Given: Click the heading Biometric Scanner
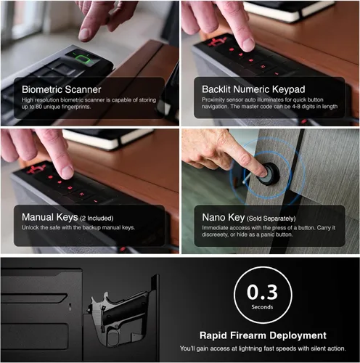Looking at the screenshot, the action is click(62, 89).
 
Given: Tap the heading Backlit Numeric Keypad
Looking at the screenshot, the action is click(253, 89).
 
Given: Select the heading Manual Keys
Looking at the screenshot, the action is click(50, 217).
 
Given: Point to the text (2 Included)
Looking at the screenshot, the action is click(97, 219).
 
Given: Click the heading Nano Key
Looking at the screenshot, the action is click(223, 217).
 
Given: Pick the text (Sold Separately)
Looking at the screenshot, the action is click(271, 219).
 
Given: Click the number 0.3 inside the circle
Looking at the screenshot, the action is click(262, 293).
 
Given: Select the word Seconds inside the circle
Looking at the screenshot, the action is click(262, 307).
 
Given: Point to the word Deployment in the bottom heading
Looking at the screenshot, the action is click(298, 336).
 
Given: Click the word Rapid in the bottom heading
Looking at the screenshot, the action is click(213, 336).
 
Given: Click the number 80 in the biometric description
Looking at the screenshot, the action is click(38, 107).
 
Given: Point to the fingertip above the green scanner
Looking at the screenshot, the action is click(85, 35).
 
